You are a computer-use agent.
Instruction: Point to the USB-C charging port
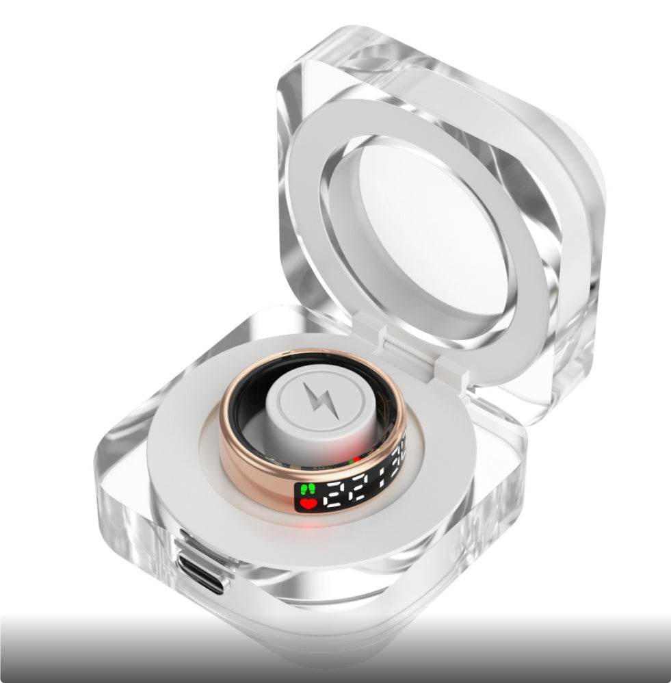click(x=202, y=572)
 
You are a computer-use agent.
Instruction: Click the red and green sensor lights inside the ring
click(x=355, y=459)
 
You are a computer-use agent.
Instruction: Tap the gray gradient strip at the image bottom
click(x=335, y=650)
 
